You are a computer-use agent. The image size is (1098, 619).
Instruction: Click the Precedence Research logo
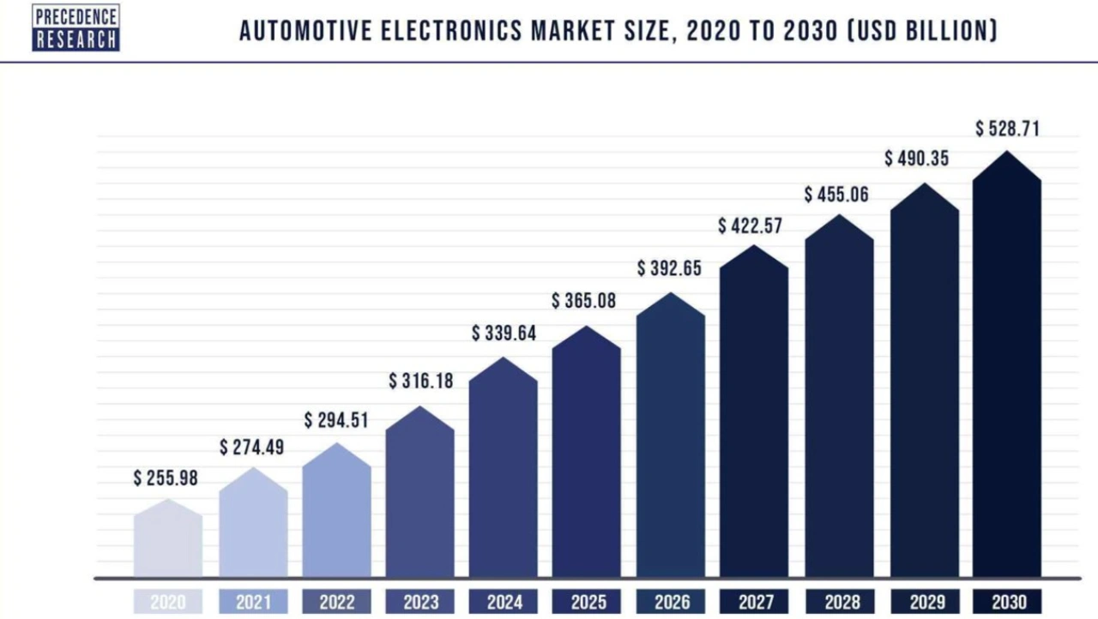tap(75, 27)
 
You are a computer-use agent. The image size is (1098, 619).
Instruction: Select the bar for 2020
tap(168, 540)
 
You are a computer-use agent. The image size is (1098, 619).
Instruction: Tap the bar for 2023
tap(419, 497)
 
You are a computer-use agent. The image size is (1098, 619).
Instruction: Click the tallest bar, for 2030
tap(1006, 369)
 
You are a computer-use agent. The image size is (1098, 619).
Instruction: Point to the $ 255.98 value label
tap(166, 478)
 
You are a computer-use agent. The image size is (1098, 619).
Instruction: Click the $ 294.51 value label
tap(336, 420)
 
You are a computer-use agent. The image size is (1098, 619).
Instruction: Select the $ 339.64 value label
tap(504, 334)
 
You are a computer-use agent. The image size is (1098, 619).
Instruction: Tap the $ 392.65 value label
tap(669, 268)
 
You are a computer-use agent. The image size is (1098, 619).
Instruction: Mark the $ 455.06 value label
tap(836, 195)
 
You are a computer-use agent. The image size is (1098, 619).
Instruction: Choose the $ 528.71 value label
tap(1007, 129)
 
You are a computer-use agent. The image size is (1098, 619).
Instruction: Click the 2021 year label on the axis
tap(253, 602)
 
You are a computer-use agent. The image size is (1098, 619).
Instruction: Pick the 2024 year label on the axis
tap(504, 602)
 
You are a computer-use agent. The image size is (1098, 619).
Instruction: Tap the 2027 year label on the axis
tap(755, 602)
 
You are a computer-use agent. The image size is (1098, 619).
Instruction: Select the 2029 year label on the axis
tap(924, 602)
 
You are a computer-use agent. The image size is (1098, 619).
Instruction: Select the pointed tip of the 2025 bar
tap(586, 327)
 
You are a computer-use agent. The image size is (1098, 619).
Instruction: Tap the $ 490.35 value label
tap(917, 159)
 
